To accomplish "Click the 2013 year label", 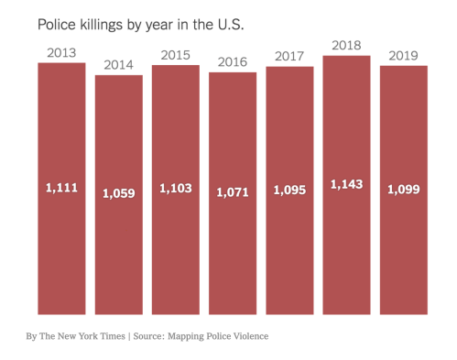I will [x=60, y=52].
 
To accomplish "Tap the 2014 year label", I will [x=119, y=64].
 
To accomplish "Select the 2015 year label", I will [x=175, y=55].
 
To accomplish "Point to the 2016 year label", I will [x=232, y=62].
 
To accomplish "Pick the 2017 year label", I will [x=289, y=57].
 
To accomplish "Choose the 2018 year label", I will [x=346, y=45].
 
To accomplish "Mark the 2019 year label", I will [x=403, y=56].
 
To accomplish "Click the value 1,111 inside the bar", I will [x=61, y=188].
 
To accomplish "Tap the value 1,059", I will [x=119, y=193].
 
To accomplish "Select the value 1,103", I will [x=176, y=188].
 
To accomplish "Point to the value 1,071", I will [x=233, y=192].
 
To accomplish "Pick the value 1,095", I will [x=289, y=190].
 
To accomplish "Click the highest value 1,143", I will [x=346, y=183].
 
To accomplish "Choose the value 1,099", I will [x=403, y=190].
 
